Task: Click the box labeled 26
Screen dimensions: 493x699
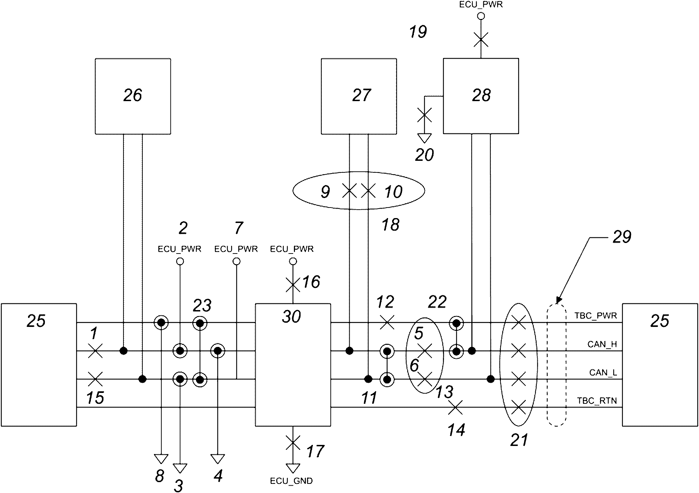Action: [x=133, y=96]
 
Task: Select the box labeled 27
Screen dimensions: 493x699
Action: [x=359, y=96]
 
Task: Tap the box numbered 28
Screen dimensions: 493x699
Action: [x=481, y=96]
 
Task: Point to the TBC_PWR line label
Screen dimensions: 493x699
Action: [x=596, y=316]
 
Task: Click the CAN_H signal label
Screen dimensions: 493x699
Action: [x=602, y=344]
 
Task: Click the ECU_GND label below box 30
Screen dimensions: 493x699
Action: [x=291, y=481]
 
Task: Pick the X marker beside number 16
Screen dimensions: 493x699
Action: [x=293, y=285]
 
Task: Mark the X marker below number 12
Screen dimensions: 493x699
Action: [x=387, y=322]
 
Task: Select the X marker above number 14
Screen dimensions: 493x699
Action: [x=456, y=407]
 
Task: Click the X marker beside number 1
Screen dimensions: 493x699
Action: [x=95, y=351]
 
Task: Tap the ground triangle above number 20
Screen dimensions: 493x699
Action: [x=424, y=138]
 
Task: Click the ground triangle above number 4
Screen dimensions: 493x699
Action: [x=218, y=459]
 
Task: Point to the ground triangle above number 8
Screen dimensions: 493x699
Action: [x=161, y=459]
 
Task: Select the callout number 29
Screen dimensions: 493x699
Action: [x=622, y=237]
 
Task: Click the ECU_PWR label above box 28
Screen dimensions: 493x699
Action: [x=481, y=5]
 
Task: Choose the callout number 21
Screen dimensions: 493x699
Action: [x=519, y=440]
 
